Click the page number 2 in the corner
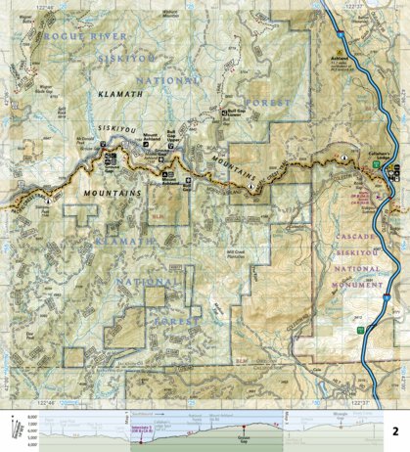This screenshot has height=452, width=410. click(x=394, y=430)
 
